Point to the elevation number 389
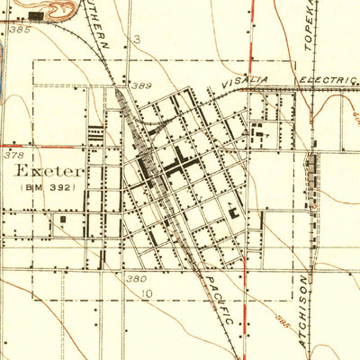click(x=139, y=86)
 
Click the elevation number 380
click(x=135, y=279)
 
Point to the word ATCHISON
click(x=303, y=310)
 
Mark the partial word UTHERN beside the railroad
click(x=101, y=27)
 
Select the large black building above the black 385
click(x=36, y=15)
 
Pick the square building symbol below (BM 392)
click(x=64, y=219)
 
